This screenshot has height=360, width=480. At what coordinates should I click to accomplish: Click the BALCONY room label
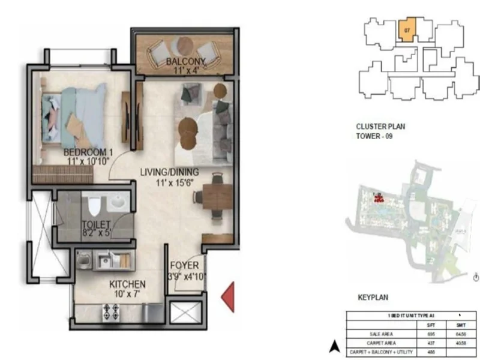185,61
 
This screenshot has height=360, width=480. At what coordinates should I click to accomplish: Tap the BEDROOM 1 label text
88,152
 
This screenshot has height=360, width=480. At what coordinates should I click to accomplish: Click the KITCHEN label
127,284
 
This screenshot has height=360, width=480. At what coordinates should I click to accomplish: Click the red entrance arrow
228,296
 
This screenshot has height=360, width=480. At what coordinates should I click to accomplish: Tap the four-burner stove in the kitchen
111,311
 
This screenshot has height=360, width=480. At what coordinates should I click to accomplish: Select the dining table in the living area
216,197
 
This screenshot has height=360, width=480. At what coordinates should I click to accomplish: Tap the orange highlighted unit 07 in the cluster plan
407,30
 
